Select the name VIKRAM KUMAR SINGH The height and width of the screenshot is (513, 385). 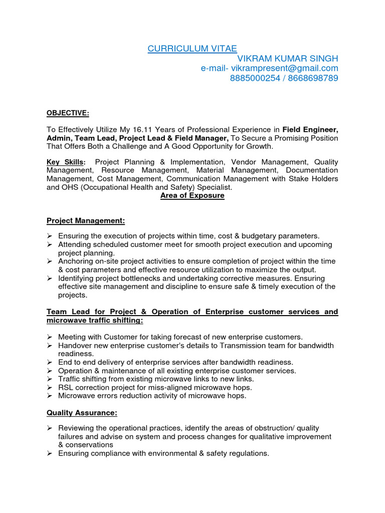point(287,58)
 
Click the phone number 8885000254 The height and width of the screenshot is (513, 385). point(255,78)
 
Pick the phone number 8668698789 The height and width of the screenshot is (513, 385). point(314,78)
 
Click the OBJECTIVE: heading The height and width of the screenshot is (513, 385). point(68,114)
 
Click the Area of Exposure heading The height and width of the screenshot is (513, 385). point(192,195)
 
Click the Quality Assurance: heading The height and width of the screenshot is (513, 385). point(82,413)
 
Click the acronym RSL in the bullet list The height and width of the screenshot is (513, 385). point(66,387)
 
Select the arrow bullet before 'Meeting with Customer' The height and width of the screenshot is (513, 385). point(50,337)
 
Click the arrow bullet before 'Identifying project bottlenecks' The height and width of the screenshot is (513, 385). point(50,278)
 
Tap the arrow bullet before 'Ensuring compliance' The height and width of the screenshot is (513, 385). point(50,453)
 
